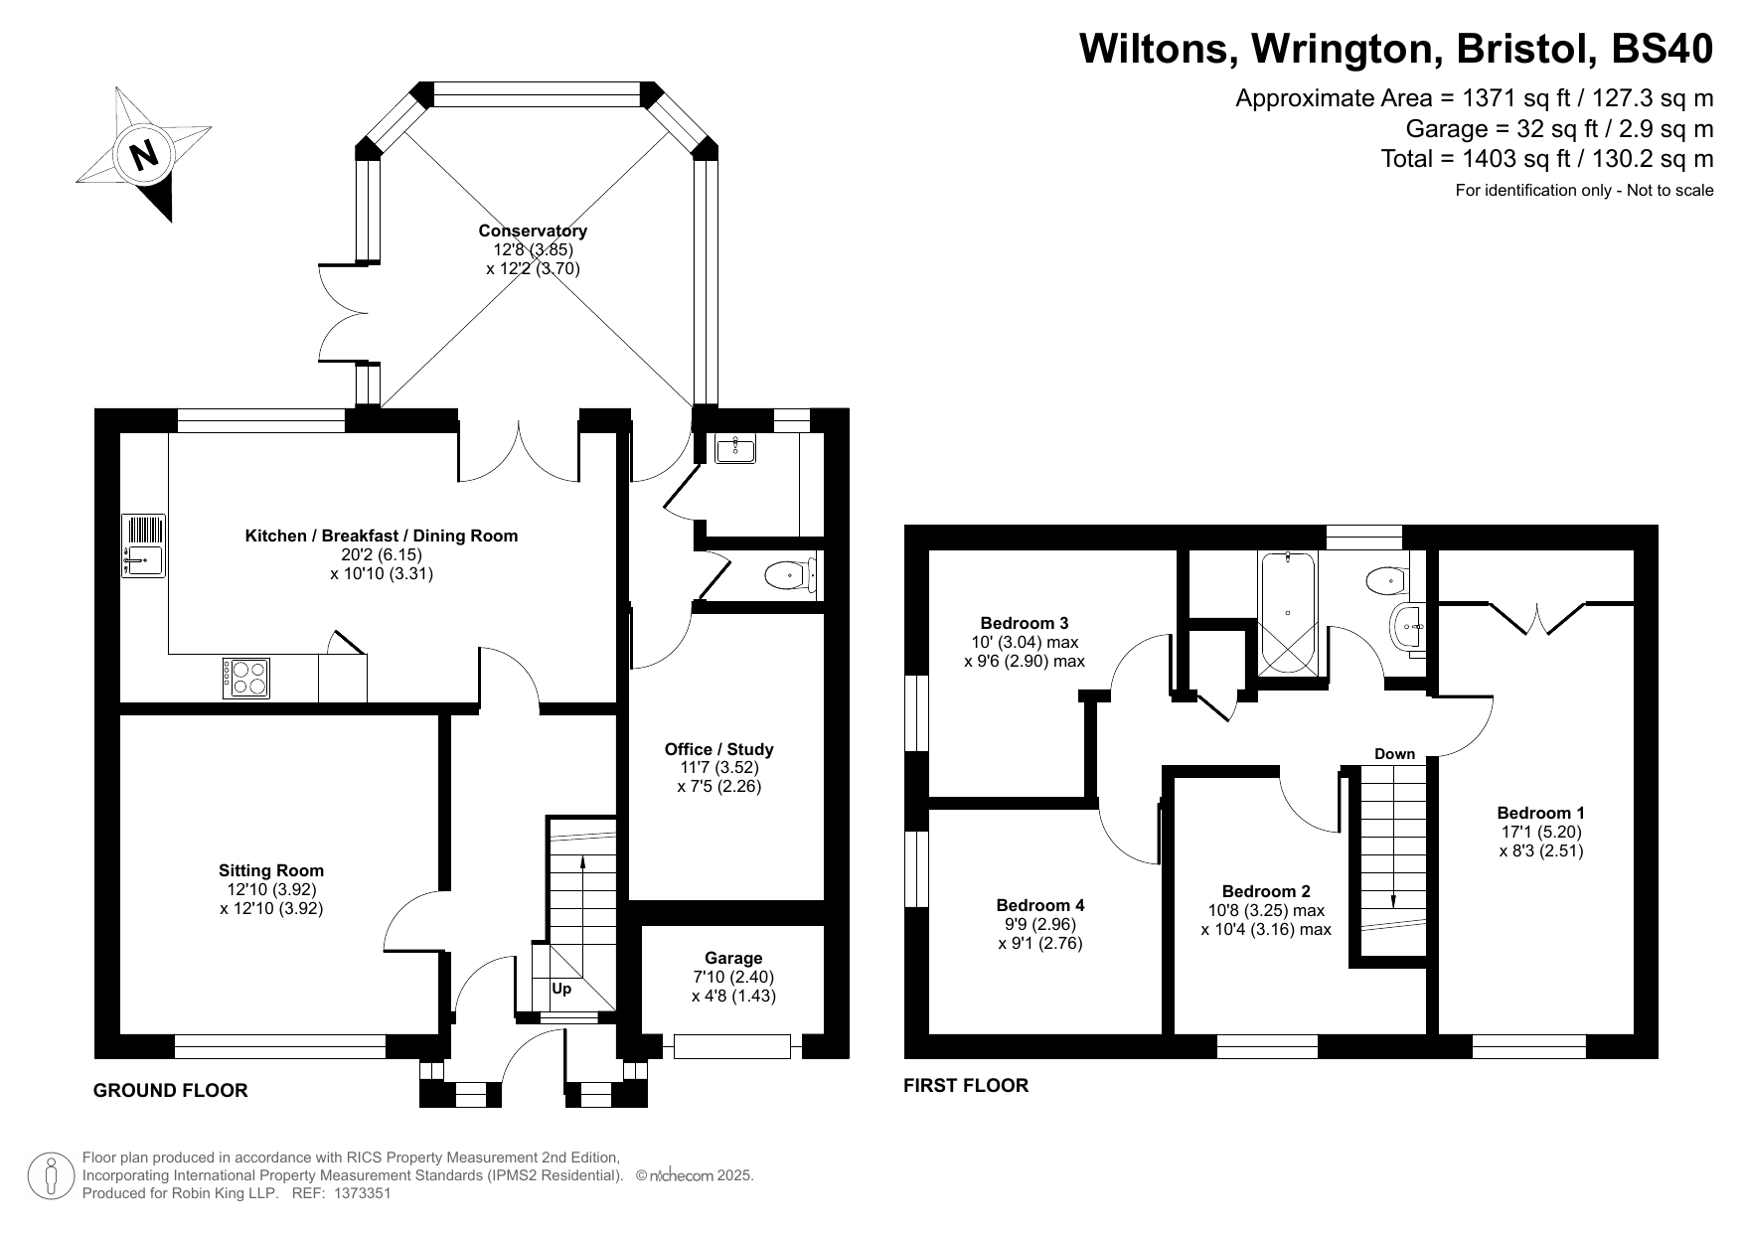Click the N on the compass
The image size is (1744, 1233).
145,155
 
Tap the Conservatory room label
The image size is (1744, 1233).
533,231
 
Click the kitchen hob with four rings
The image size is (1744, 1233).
245,678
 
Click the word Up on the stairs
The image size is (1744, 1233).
561,989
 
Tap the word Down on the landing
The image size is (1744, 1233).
1394,754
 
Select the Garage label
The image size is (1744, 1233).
733,958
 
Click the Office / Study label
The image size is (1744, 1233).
718,749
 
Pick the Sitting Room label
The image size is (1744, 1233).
272,871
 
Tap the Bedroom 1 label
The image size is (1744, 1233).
1541,812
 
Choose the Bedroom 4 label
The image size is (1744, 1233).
1040,905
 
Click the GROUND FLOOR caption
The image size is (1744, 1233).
170,1090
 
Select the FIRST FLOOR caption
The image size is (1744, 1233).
966,1085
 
